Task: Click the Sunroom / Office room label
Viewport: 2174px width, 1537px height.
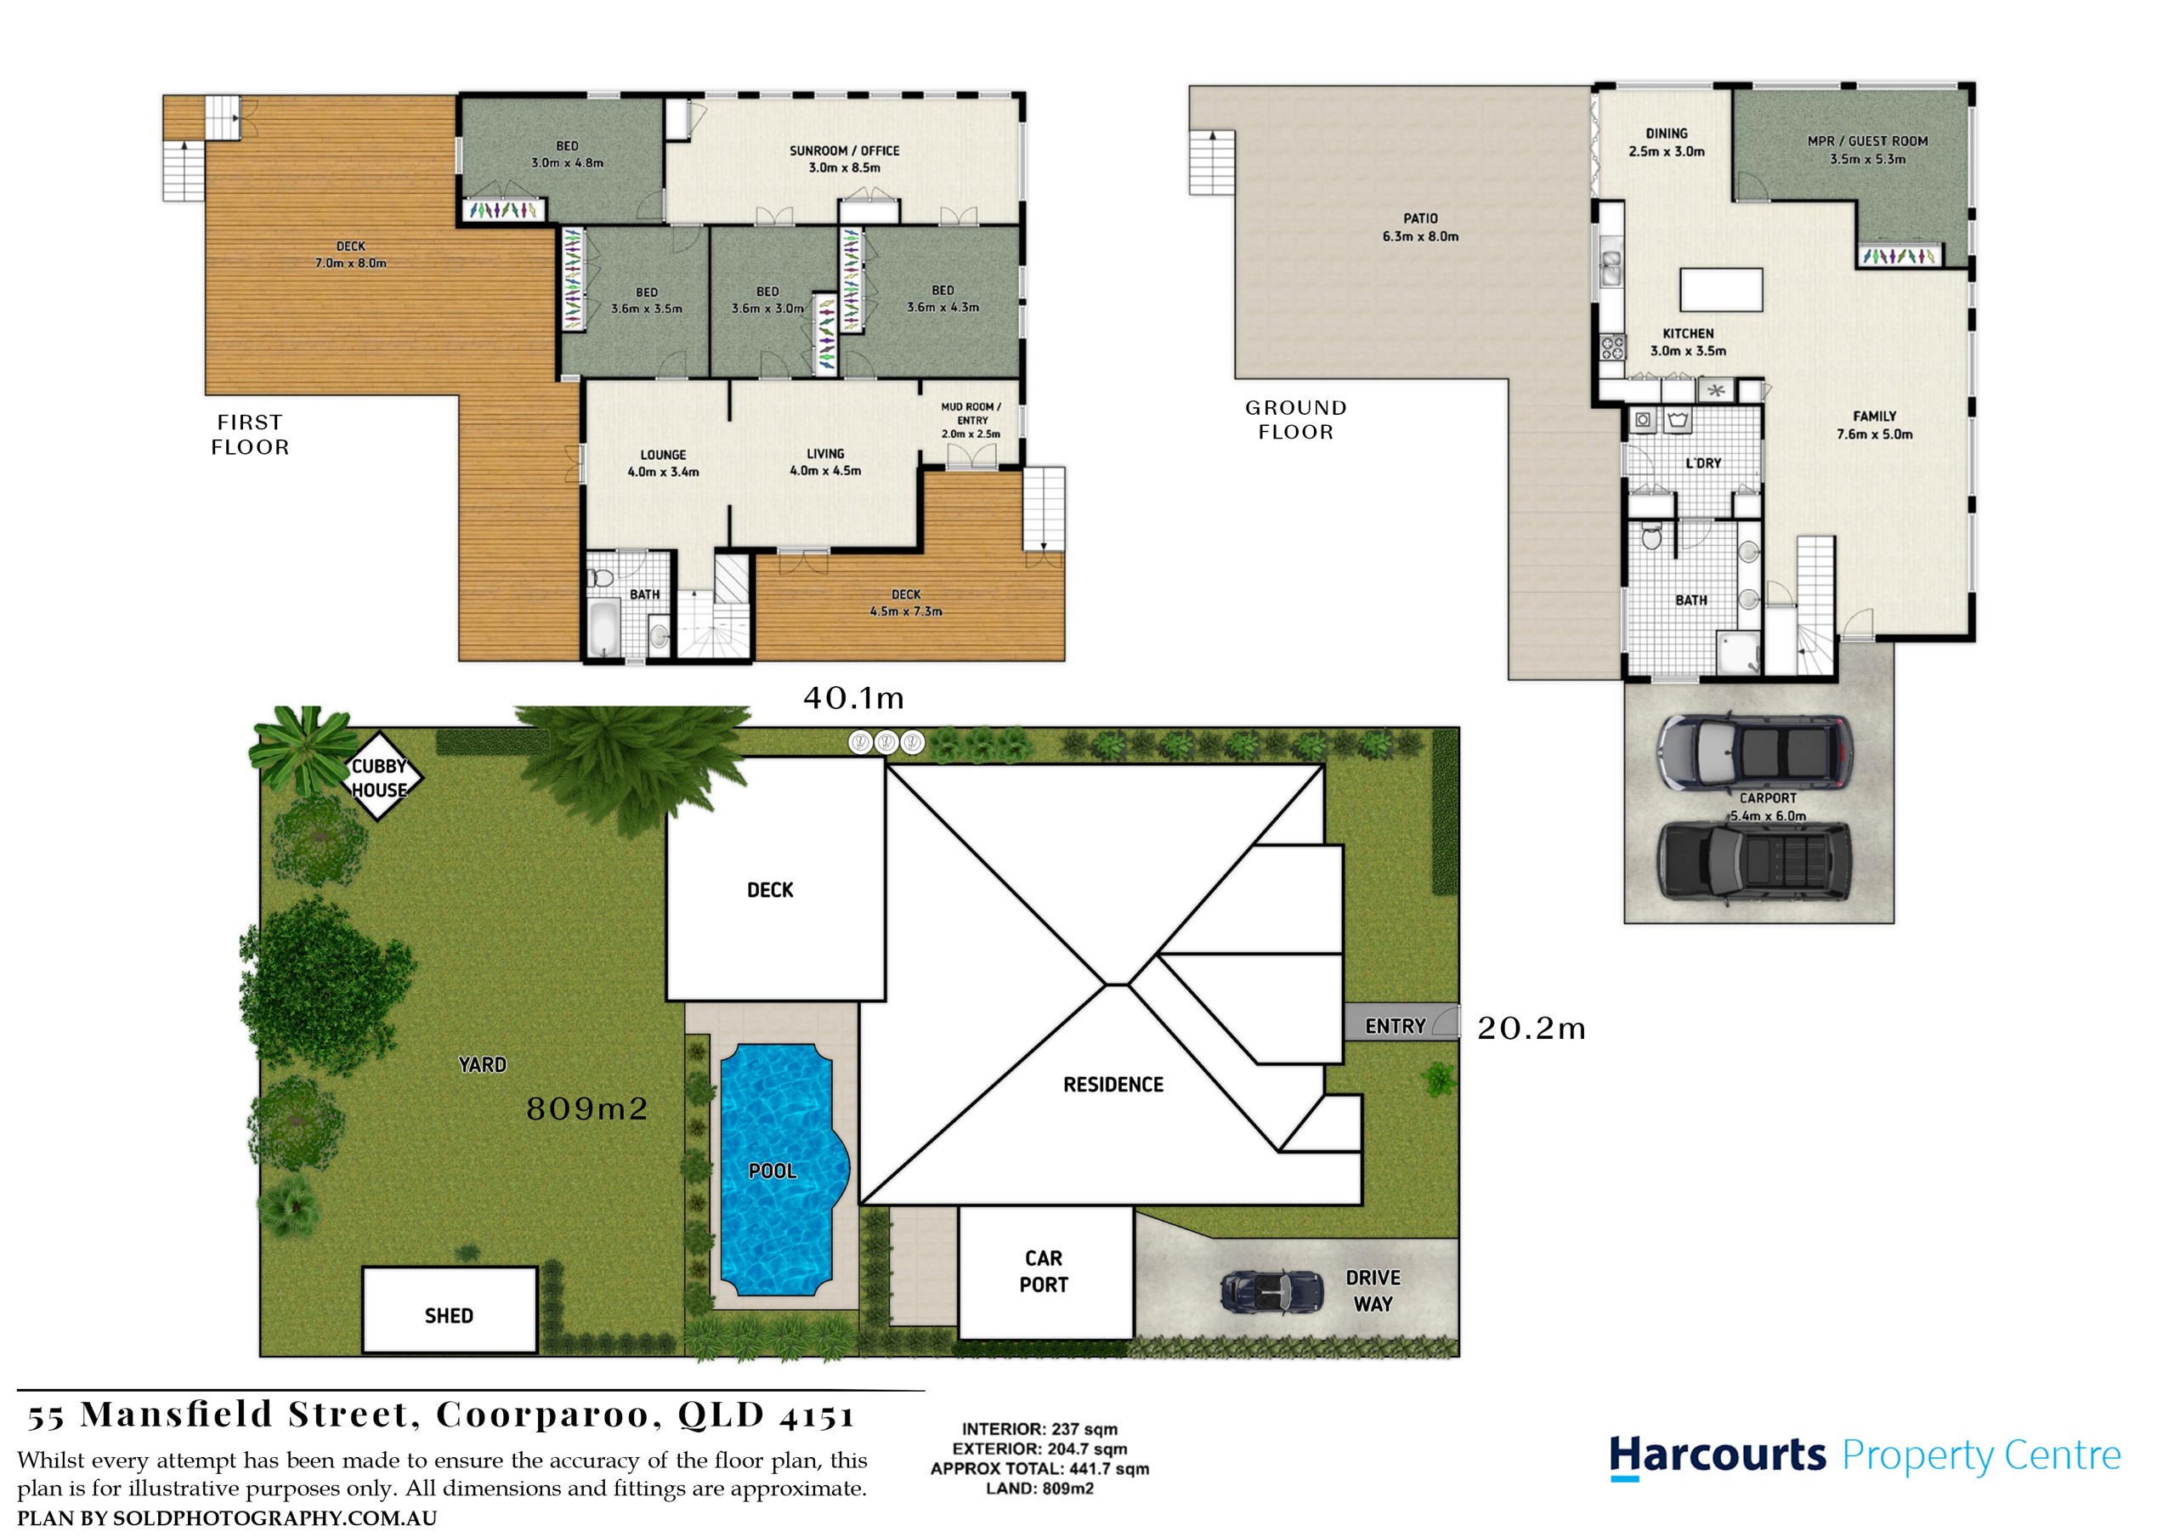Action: (845, 159)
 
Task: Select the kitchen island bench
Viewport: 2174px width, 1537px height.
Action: (1721, 290)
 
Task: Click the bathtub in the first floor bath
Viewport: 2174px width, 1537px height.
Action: (603, 626)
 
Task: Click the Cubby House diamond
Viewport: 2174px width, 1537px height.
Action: (379, 776)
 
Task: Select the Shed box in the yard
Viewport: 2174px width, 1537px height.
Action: (450, 1310)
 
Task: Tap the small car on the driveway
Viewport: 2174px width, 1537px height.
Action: (1271, 1290)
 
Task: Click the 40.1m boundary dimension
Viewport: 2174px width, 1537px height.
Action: (853, 699)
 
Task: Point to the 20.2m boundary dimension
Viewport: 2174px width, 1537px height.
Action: (1531, 1029)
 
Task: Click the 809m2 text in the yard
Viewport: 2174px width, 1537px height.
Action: (587, 1108)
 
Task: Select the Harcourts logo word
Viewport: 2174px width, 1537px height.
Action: (1718, 1455)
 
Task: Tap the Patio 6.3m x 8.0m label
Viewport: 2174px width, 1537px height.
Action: (1420, 227)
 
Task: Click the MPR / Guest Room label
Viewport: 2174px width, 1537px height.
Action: (1867, 150)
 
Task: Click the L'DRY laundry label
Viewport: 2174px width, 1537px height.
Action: (1703, 463)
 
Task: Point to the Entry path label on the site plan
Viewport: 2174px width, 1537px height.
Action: (1396, 1027)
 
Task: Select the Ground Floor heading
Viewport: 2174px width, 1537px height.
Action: (1295, 419)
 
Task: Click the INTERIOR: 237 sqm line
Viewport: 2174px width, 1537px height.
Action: (1039, 1429)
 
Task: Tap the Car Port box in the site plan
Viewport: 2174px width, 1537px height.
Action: (1046, 1272)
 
